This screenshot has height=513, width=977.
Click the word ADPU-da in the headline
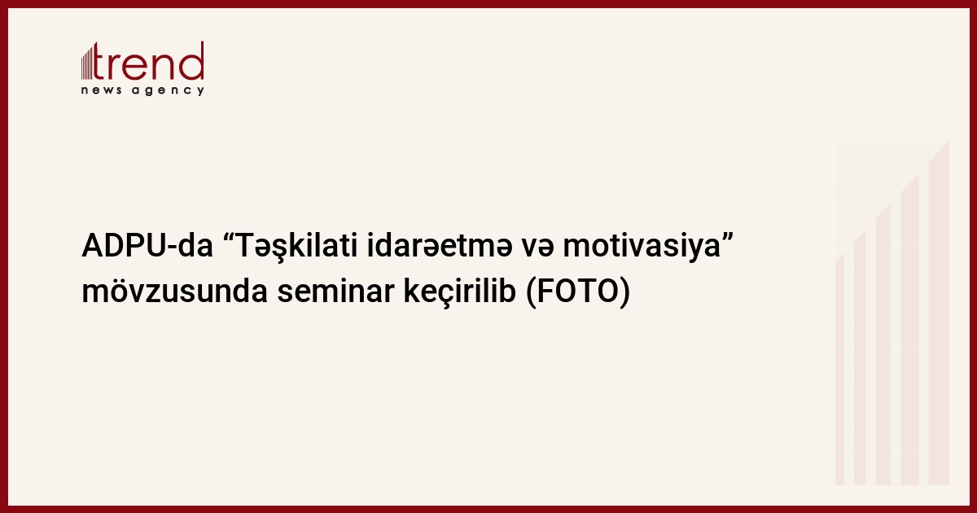tap(147, 246)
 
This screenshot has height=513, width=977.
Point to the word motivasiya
tap(642, 247)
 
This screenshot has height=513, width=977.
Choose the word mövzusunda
tap(174, 292)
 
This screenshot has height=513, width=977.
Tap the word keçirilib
tap(460, 292)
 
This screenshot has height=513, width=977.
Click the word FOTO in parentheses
tap(576, 292)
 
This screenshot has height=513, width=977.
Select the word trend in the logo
tap(148, 61)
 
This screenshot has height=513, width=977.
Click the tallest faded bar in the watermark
tap(939, 313)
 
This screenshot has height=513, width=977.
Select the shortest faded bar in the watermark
tap(839, 370)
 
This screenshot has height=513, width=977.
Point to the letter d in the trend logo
tap(192, 61)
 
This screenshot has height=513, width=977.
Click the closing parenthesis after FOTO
tap(624, 292)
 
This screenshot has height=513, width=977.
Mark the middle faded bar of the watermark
tap(883, 344)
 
